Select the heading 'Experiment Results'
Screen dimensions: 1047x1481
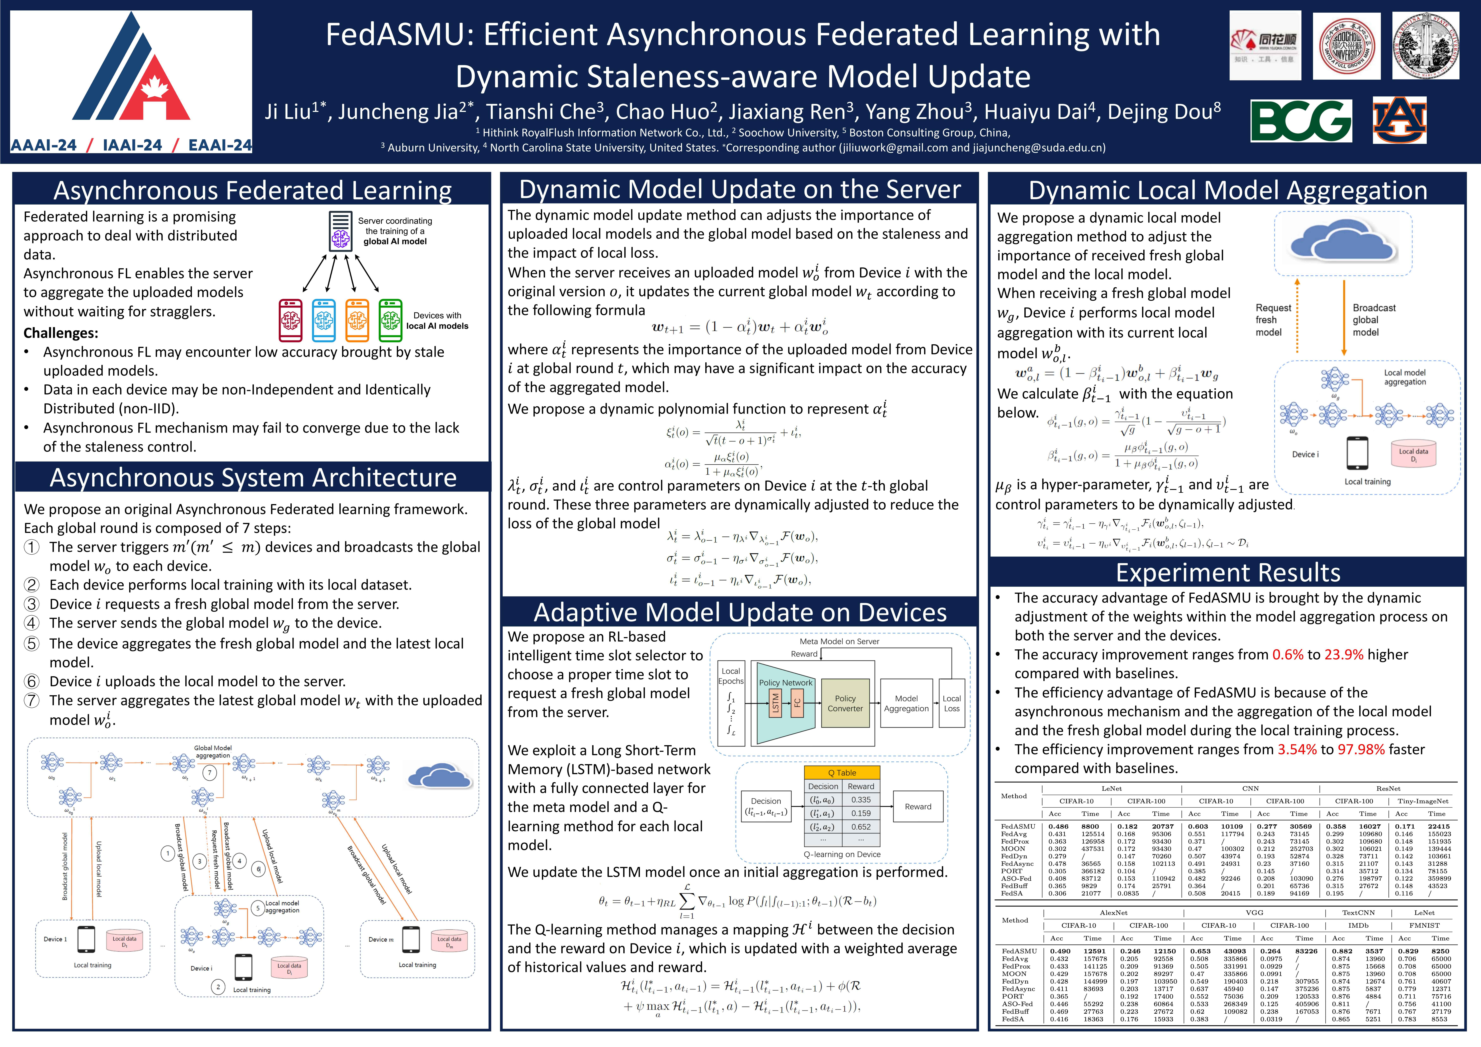(x=1228, y=572)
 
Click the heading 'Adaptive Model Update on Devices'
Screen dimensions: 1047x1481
(x=740, y=612)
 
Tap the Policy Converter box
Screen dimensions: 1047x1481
(x=845, y=703)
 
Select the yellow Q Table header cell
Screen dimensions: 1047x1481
(x=842, y=772)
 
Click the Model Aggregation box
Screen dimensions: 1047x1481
(x=906, y=703)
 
